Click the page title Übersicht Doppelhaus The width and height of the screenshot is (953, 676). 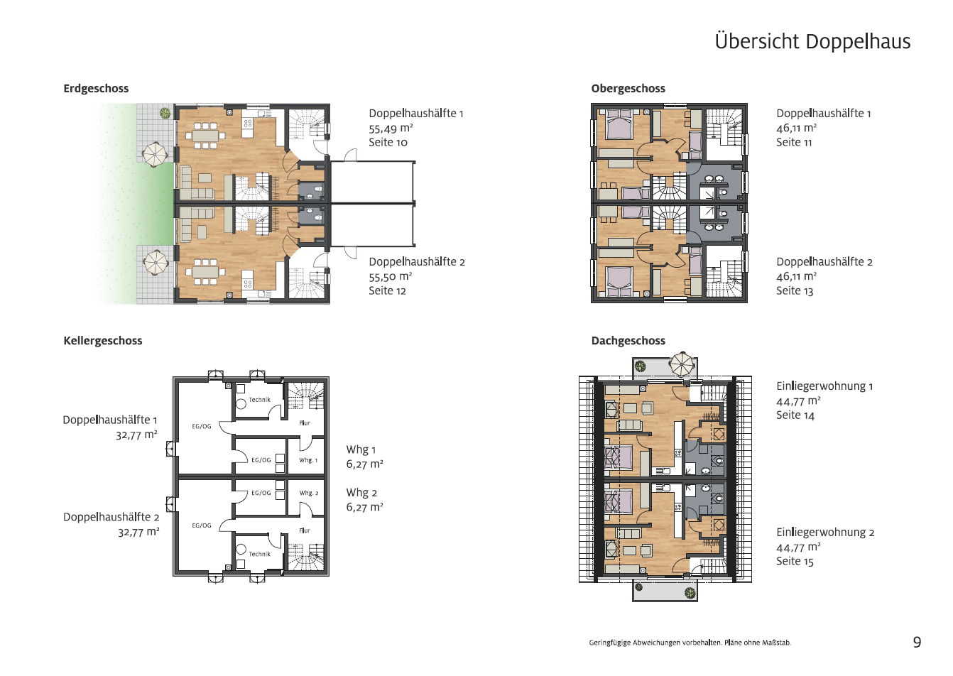pos(812,41)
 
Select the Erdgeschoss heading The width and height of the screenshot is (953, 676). pos(96,89)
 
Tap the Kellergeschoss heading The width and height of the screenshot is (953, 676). pos(102,341)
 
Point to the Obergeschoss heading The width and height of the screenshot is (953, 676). pos(628,89)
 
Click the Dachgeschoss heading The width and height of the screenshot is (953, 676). pos(628,341)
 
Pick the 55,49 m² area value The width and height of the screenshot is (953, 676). pos(391,128)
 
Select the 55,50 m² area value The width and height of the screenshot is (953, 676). pos(390,276)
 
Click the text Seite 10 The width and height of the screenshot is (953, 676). pos(388,143)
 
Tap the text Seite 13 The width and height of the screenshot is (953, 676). pos(795,291)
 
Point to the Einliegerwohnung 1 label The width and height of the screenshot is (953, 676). pos(824,386)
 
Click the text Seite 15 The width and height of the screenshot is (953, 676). pos(795,562)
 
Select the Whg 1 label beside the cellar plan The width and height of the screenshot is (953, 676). pos(361,449)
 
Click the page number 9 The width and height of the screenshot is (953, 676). pos(917,642)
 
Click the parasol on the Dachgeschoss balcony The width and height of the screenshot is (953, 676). pos(682,364)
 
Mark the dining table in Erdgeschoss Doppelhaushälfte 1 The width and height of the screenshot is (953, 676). pos(205,136)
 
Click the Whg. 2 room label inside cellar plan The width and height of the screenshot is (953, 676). pos(308,493)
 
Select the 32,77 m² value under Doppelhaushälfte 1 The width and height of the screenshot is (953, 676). pos(136,435)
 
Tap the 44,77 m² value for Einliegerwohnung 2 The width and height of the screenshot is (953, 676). pos(798,547)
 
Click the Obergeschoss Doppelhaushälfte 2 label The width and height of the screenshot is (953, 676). pos(824,262)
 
